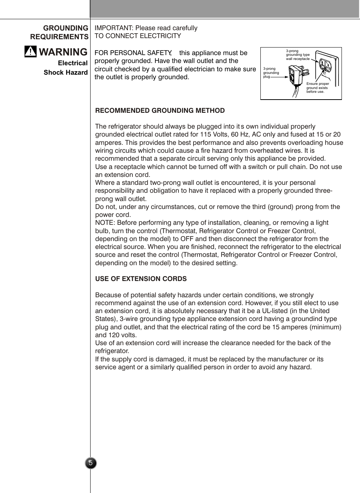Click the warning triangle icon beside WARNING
click(x=31, y=51)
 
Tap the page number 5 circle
click(x=91, y=463)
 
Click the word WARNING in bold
click(x=63, y=52)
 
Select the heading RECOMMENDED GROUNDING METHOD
click(x=160, y=111)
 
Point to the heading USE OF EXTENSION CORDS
click(x=141, y=279)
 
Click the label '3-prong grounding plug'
click(x=271, y=73)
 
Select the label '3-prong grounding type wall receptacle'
click(x=297, y=55)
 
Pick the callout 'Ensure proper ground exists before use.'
click(x=317, y=88)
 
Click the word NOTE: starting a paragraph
click(x=105, y=223)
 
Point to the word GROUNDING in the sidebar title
click(x=66, y=28)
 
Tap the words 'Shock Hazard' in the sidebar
click(x=66, y=72)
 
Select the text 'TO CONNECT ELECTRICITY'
click(x=138, y=36)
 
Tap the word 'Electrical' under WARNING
click(x=72, y=63)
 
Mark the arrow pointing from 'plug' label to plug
click(x=279, y=77)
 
